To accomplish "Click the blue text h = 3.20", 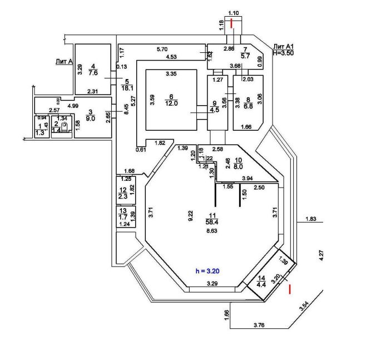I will click(x=209, y=272).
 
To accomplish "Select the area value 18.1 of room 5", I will click(x=128, y=87).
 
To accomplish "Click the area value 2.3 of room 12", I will click(x=123, y=196).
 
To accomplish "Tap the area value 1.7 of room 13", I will click(x=123, y=217).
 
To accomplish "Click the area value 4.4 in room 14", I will click(x=261, y=284).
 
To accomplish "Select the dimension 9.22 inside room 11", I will click(x=190, y=213).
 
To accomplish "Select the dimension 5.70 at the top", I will click(x=162, y=49).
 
